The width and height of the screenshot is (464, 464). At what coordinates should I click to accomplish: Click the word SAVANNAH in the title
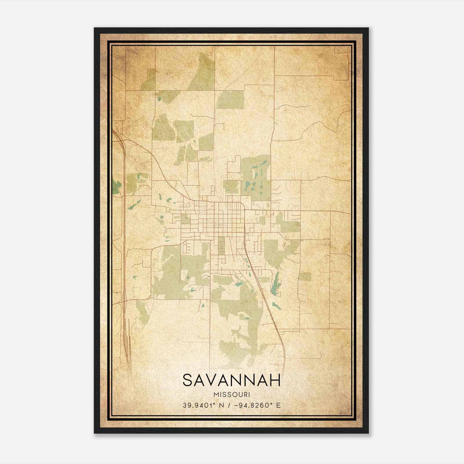tap(232, 380)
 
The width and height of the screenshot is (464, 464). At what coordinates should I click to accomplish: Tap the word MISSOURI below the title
tap(232, 394)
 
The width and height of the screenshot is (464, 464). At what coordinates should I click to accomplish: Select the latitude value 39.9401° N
tap(202, 405)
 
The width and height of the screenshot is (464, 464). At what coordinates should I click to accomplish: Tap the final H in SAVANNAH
tap(275, 380)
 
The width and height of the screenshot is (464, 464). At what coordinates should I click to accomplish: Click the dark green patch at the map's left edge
tap(116, 187)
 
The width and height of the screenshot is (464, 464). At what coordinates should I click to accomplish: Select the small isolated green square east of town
tap(305, 276)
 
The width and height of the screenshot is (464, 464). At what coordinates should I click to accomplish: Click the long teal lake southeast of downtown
tap(276, 282)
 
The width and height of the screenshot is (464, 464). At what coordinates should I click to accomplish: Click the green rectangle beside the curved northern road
tap(231, 99)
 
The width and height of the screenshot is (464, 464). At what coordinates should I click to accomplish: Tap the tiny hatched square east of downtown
tap(298, 224)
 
